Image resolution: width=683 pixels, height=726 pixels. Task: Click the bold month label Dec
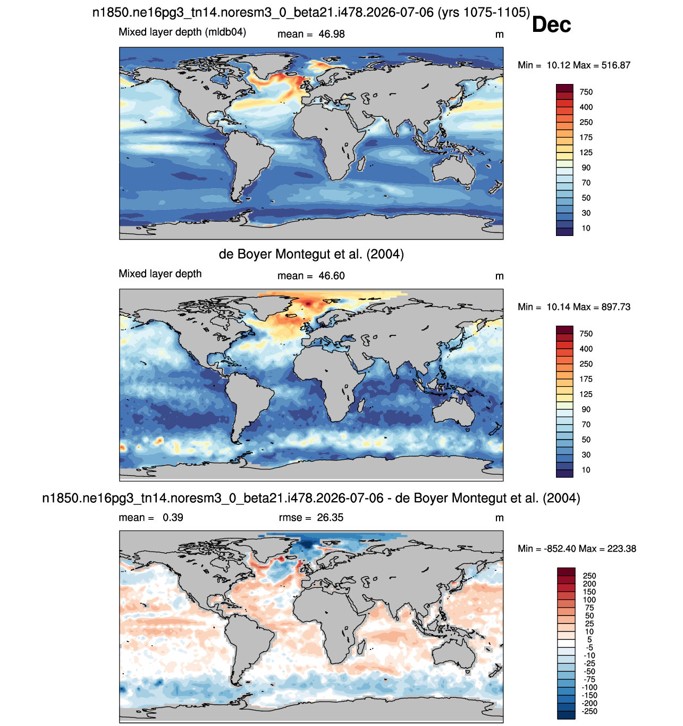[x=551, y=25]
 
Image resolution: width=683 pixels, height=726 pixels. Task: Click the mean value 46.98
[x=331, y=34]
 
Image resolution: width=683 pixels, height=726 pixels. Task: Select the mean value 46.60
[x=331, y=276]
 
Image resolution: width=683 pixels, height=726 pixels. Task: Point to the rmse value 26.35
[x=330, y=517]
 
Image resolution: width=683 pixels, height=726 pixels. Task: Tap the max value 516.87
[x=615, y=65]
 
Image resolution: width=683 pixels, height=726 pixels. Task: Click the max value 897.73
[x=615, y=307]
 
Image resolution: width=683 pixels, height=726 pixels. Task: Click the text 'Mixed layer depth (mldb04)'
[x=182, y=32]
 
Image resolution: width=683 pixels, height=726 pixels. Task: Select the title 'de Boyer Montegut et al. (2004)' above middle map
[x=311, y=254]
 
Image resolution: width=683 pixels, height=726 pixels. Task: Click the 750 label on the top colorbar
[x=586, y=92]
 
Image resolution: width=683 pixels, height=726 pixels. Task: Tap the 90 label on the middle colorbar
[x=586, y=409]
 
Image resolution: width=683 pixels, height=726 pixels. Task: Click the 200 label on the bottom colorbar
[x=589, y=584]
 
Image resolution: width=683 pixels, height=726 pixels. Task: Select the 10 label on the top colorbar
[x=586, y=228]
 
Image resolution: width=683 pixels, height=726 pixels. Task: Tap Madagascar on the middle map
[x=361, y=404]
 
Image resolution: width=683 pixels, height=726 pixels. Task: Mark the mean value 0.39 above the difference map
[x=173, y=517]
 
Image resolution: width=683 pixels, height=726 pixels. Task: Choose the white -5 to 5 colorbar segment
[x=566, y=643]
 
